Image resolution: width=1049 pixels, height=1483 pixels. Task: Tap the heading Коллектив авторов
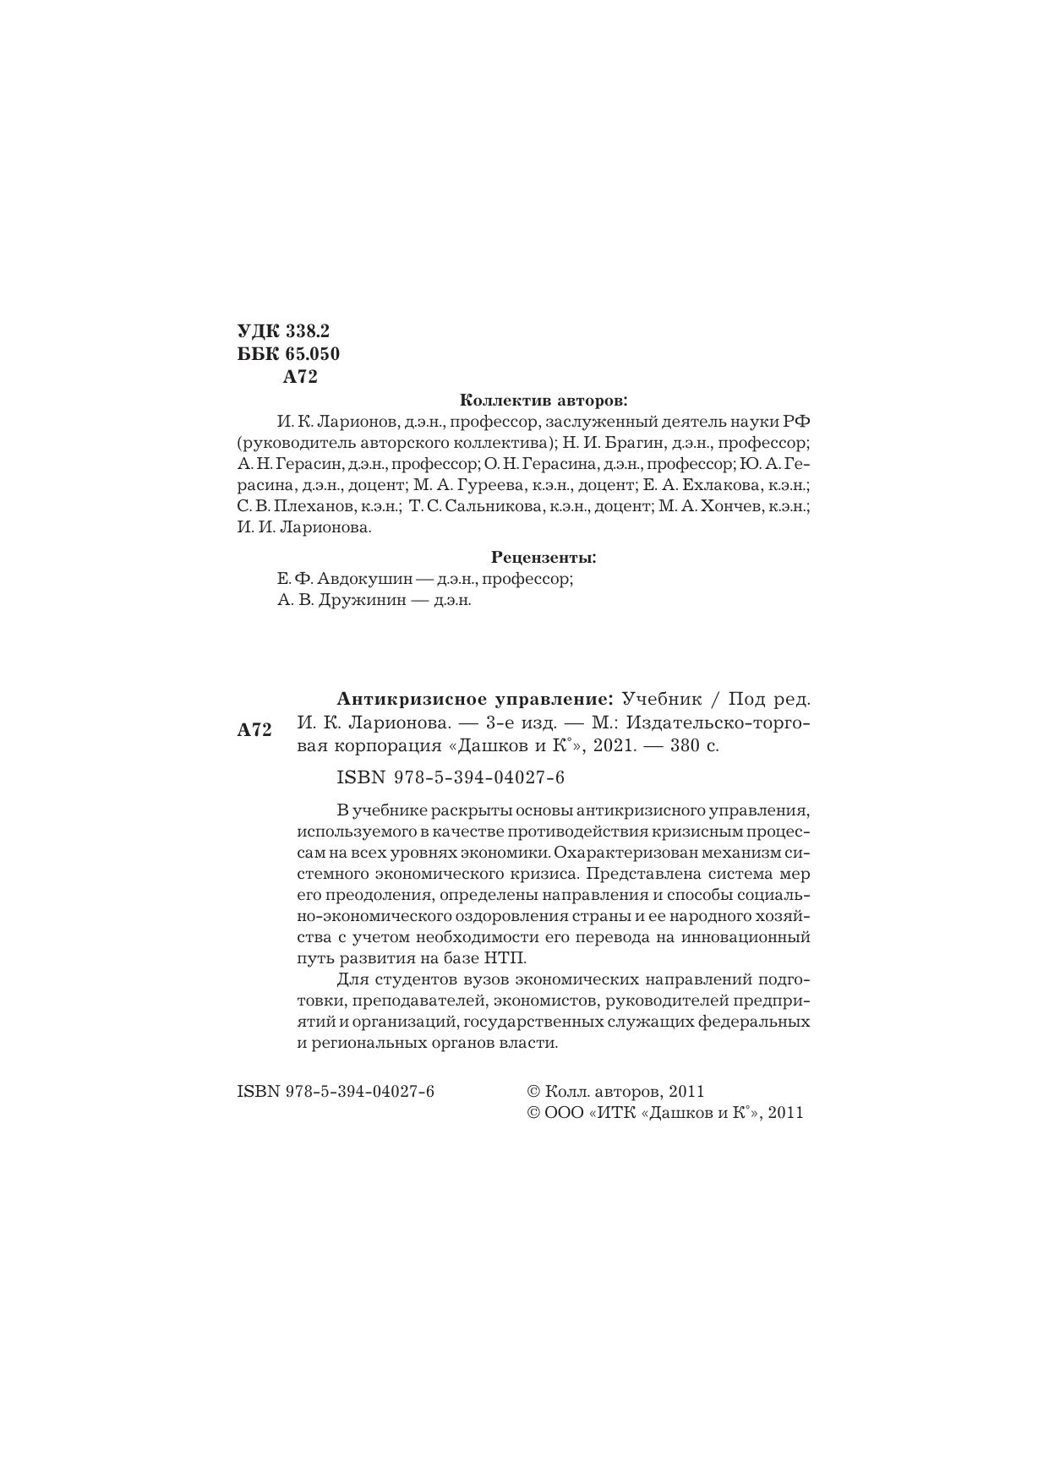(x=544, y=400)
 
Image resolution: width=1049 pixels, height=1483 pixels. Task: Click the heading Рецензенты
(x=544, y=558)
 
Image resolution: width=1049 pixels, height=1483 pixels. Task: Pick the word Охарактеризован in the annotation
(x=632, y=852)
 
